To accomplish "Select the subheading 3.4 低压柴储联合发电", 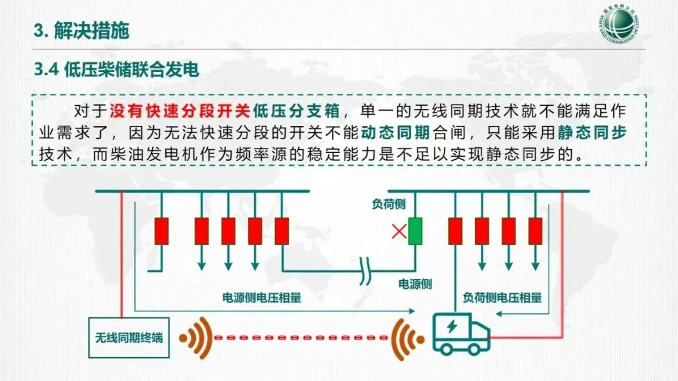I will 117,70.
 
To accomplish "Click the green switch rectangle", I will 416,231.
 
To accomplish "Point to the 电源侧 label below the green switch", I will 415,284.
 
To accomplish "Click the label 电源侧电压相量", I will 262,298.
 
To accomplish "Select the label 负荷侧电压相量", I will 502,298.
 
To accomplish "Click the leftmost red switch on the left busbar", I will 162,231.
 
